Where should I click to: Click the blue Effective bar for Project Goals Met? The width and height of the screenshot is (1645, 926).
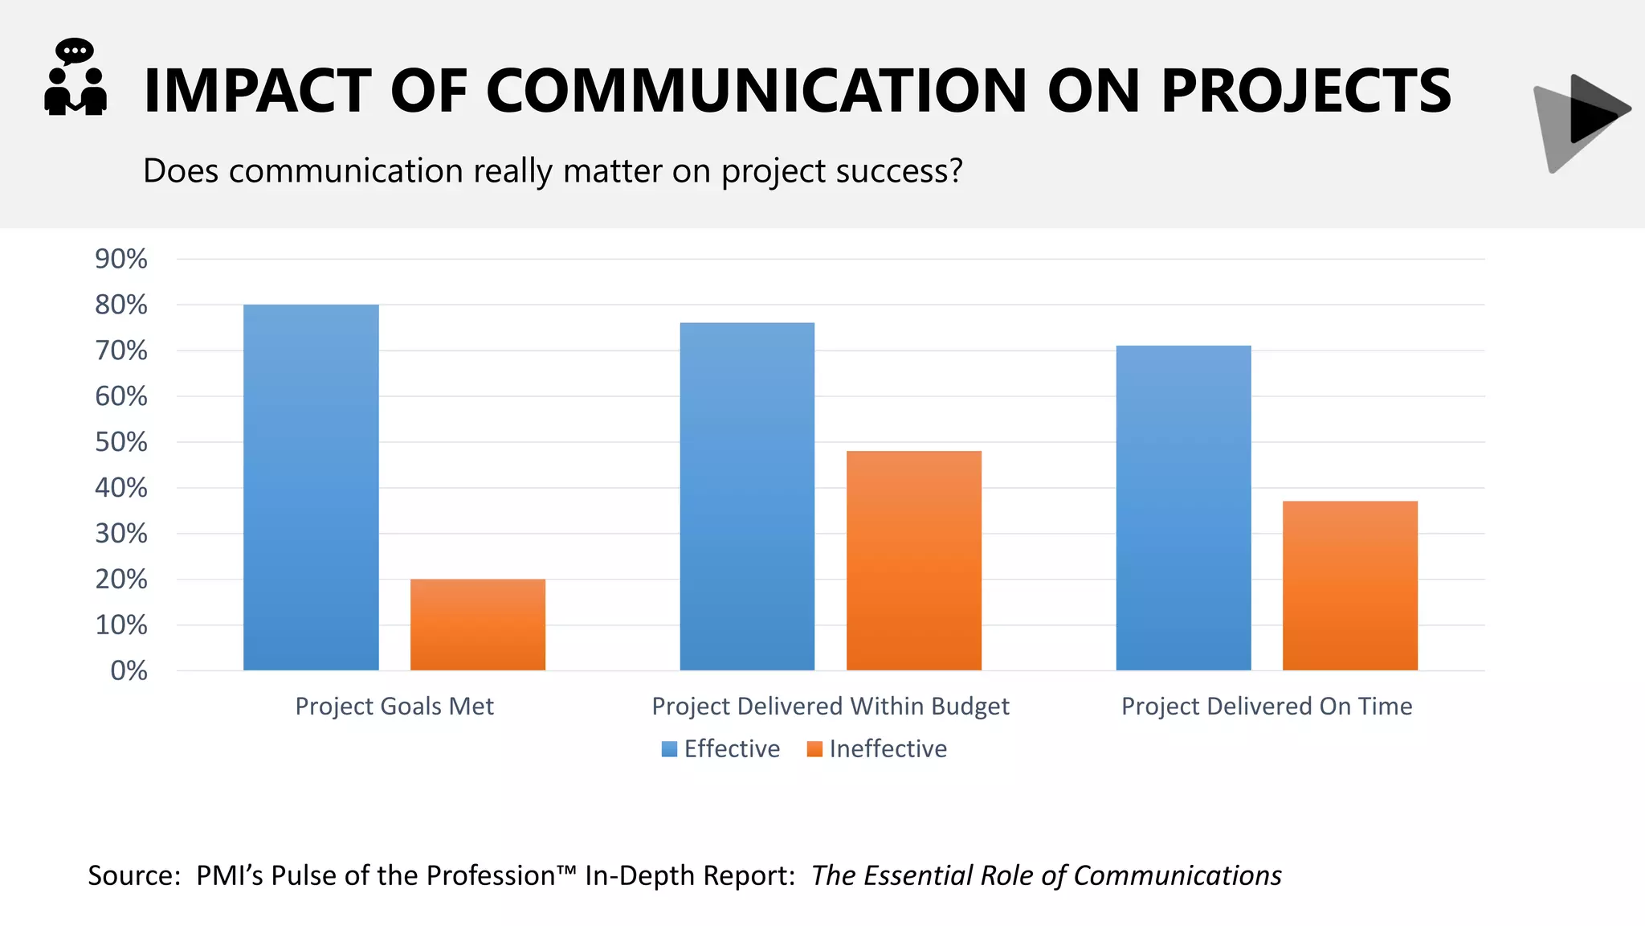click(311, 487)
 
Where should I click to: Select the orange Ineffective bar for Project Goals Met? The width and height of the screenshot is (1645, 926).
click(477, 625)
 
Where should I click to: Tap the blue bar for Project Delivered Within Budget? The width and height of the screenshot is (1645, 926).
click(747, 496)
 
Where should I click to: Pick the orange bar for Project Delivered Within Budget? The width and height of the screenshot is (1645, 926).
click(913, 560)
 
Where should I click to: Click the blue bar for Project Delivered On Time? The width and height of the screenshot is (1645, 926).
click(1183, 507)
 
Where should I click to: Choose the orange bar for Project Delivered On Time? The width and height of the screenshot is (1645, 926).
click(1349, 585)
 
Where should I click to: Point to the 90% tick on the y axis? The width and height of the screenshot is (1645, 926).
click(121, 259)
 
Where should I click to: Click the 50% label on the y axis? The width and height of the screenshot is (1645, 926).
click(121, 442)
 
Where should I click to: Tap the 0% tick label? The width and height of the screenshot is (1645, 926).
click(129, 670)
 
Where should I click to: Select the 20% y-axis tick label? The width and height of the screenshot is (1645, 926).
click(121, 579)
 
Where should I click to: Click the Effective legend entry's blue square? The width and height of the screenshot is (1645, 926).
click(669, 749)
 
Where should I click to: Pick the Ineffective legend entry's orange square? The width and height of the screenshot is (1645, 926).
click(814, 749)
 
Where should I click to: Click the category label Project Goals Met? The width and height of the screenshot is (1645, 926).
click(394, 706)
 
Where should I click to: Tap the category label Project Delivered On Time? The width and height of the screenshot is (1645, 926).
click(1266, 706)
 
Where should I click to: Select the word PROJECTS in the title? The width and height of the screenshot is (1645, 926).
click(1306, 91)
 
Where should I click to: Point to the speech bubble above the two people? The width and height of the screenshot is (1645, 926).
click(75, 51)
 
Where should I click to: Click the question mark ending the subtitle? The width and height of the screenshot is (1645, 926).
click(955, 170)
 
